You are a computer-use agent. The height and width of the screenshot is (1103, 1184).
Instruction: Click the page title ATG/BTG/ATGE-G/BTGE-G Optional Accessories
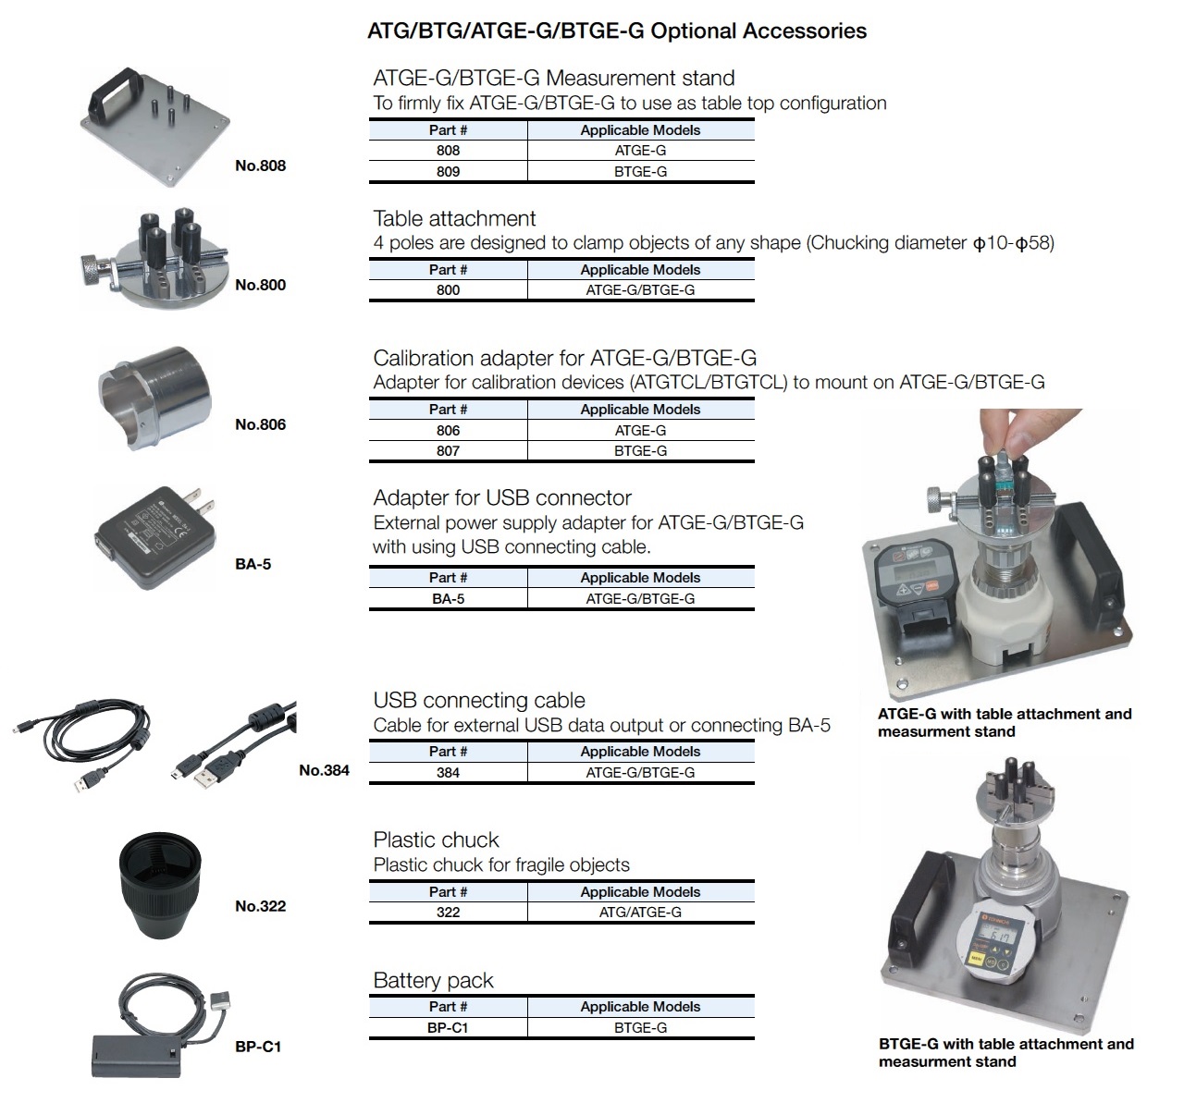point(617,31)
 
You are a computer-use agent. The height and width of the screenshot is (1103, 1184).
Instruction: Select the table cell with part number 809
point(449,172)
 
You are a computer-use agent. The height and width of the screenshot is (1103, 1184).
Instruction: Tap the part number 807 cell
point(449,451)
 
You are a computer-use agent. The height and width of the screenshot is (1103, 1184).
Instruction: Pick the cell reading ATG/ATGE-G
point(641,913)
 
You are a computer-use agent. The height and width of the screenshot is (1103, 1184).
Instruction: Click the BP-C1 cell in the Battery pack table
point(449,1028)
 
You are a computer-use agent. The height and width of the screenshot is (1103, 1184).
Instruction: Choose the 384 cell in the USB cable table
point(449,773)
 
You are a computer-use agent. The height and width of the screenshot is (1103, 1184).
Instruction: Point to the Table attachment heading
point(454,219)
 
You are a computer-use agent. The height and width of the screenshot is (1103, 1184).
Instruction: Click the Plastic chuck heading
point(436,840)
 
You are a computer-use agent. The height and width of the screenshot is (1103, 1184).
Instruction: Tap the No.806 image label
point(261,424)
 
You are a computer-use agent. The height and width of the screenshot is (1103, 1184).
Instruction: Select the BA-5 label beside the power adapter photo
point(253,564)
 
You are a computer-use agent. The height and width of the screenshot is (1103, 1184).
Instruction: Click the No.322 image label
point(261,906)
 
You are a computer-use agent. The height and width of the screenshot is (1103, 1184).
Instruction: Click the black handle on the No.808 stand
point(114,93)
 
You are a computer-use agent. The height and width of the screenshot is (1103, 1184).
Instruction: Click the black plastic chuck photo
point(160,886)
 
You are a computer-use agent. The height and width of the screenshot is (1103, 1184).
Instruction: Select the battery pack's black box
point(136,1056)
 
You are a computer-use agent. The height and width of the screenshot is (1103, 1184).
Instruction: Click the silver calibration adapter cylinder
point(154,398)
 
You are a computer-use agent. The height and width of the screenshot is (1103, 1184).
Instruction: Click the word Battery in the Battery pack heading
point(406,981)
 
